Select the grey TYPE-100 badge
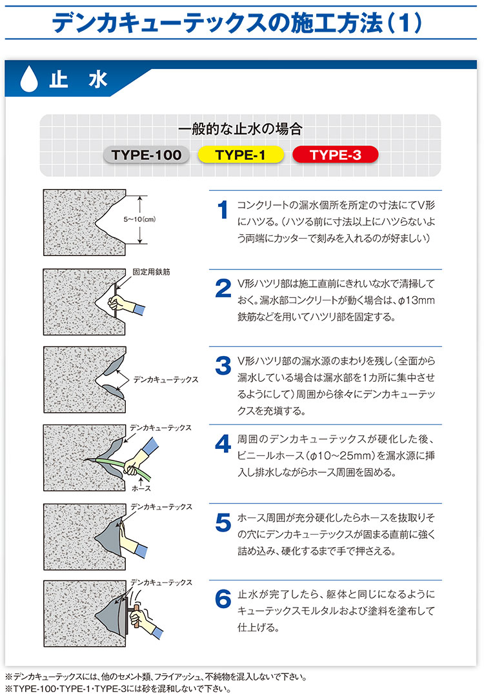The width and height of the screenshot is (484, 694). click(x=147, y=155)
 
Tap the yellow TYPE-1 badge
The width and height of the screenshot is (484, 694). click(x=241, y=155)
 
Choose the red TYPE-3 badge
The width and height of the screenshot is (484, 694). click(x=335, y=155)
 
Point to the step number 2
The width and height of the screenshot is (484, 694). click(x=223, y=289)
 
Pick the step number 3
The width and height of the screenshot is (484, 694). click(x=223, y=366)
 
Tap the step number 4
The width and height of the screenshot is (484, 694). click(x=223, y=444)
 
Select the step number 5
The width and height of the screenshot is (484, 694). click(x=223, y=522)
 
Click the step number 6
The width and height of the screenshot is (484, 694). click(x=223, y=599)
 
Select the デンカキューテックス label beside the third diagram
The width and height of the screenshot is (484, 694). click(x=165, y=380)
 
